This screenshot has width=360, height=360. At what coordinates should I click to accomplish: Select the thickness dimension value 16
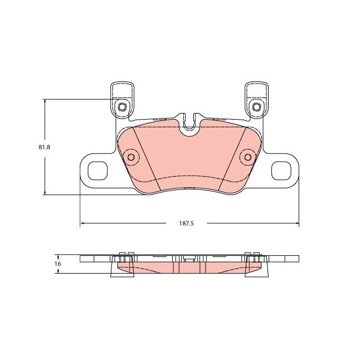pyautogui.click(x=58, y=264)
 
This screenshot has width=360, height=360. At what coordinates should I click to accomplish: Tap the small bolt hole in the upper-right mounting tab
pyautogui.click(x=256, y=106)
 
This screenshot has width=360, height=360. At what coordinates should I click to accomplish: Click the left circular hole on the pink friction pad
pyautogui.click(x=131, y=157)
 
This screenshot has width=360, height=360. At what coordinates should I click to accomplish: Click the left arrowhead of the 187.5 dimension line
pyautogui.click(x=83, y=223)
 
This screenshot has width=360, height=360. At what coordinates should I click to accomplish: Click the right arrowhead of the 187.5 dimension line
pyautogui.click(x=296, y=223)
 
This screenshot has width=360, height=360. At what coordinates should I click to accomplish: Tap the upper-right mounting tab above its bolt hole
pyautogui.click(x=256, y=90)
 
